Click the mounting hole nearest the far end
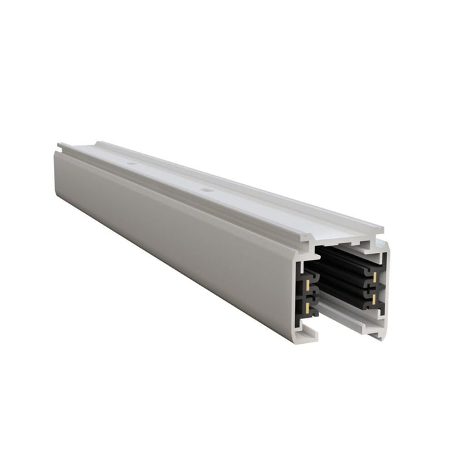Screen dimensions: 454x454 click(x=131, y=165)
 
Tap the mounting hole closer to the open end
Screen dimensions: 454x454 click(x=206, y=191)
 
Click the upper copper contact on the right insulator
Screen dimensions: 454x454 click(x=375, y=276)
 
